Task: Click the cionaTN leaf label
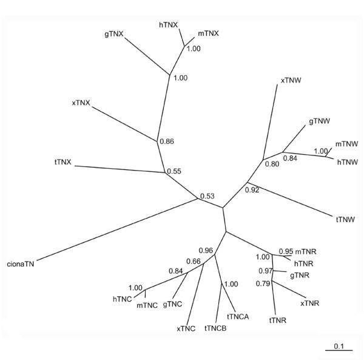point(21,264)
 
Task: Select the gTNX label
point(113,34)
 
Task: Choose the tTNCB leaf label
point(215,328)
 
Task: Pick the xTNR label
point(309,302)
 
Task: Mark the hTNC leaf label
point(123,298)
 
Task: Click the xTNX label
point(81,103)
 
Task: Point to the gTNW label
point(319,121)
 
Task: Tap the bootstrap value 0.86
point(166,141)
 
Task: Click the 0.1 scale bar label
point(339,347)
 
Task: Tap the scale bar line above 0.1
point(339,352)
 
